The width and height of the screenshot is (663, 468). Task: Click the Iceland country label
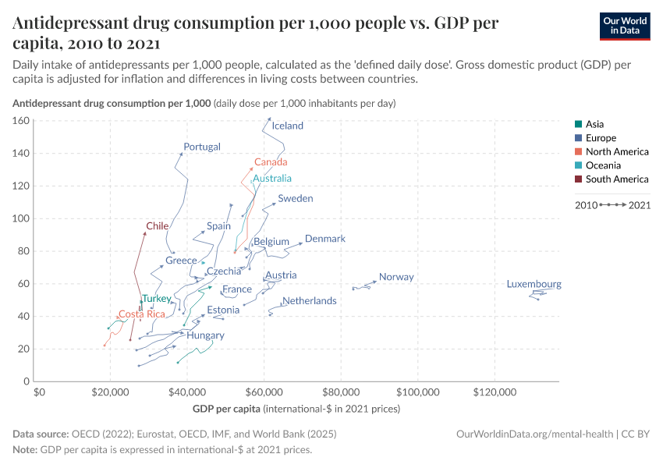pos(288,126)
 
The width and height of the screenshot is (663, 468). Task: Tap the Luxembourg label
pos(534,284)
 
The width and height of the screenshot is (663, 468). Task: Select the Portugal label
pos(202,147)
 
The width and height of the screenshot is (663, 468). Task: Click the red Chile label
pos(158,226)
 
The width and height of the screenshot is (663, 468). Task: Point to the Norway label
pos(396,277)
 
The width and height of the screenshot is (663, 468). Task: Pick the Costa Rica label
pos(142,314)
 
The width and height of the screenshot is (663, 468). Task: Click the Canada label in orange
pos(271,162)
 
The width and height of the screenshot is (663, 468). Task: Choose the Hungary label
pos(205,335)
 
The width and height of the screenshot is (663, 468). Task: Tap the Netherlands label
pos(310,300)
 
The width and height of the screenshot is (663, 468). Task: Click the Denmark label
pos(325,239)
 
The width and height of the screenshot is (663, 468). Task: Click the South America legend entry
pos(617,179)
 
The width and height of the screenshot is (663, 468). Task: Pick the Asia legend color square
pos(576,124)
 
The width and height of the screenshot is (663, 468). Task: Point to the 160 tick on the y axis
pos(20,121)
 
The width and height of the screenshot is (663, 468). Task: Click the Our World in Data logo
pos(625,25)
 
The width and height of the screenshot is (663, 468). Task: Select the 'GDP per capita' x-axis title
pos(226,409)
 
